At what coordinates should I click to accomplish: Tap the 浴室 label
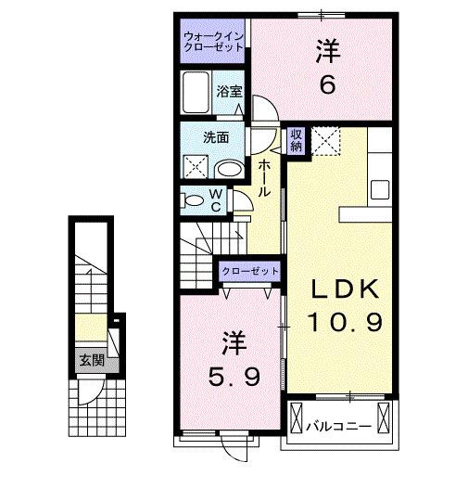[230, 91]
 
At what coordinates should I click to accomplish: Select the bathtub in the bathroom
[196, 93]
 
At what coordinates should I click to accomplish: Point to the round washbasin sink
[230, 169]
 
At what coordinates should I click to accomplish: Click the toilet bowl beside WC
[193, 199]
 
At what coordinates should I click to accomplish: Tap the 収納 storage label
[297, 140]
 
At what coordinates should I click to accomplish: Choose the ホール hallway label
[265, 176]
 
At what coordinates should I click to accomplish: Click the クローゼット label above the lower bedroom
[250, 270]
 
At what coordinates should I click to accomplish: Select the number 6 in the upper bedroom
[327, 84]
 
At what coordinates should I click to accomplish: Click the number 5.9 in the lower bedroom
[234, 378]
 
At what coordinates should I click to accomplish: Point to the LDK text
[342, 289]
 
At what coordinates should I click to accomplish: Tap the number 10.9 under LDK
[342, 323]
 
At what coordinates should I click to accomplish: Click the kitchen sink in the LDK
[381, 190]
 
